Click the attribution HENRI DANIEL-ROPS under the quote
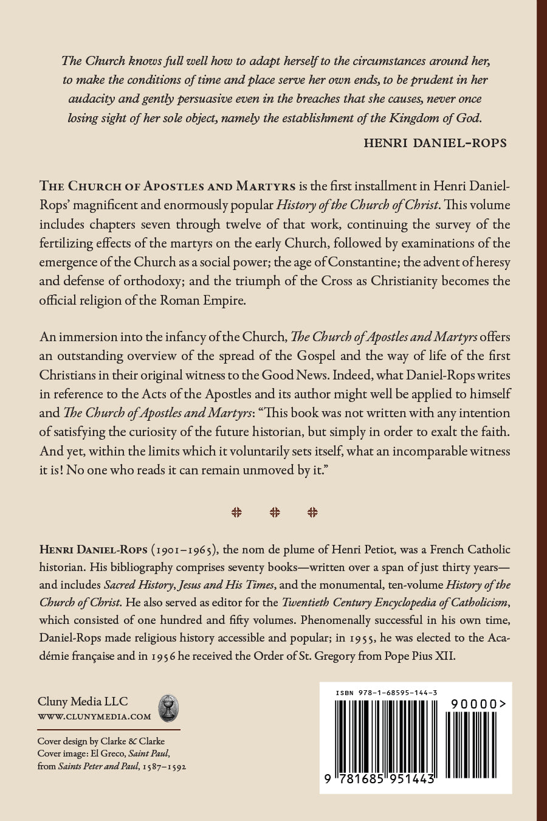click(x=435, y=143)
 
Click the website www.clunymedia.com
click(x=94, y=716)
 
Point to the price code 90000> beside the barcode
click(x=479, y=704)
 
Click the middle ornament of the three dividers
click(x=275, y=512)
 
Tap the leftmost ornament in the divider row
click(x=237, y=512)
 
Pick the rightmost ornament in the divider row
click(x=312, y=512)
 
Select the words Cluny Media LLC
click(x=83, y=701)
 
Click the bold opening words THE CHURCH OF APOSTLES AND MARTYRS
click(x=168, y=186)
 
